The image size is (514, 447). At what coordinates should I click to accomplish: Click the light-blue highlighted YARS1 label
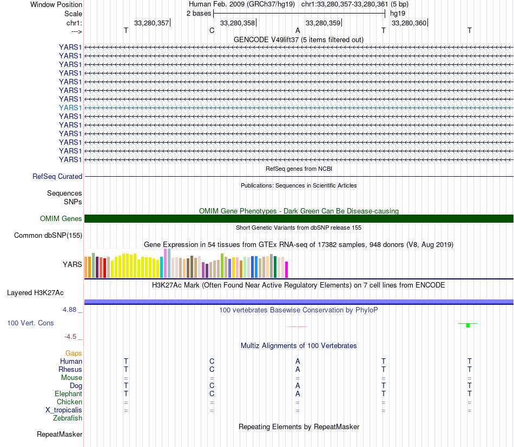[x=70, y=108]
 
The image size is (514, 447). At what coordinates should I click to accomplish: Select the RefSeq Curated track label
[x=57, y=176]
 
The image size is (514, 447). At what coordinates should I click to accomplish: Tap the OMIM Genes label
[x=61, y=218]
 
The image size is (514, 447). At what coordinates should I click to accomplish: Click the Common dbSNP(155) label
[x=48, y=235]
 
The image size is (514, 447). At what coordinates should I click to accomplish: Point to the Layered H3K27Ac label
[x=35, y=293]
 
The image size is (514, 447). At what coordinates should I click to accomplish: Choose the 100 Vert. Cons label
[x=30, y=323]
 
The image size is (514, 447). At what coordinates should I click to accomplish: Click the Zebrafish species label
[x=68, y=418]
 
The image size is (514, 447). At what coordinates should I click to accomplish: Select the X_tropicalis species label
[x=64, y=410]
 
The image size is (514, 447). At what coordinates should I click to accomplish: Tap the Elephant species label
[x=68, y=393]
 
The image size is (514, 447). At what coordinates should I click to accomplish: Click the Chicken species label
[x=69, y=402]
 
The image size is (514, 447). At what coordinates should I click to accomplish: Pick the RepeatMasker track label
[x=60, y=434]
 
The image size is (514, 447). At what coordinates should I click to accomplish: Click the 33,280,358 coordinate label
[x=238, y=23]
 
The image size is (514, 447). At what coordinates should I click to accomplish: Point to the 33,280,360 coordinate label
[x=408, y=23]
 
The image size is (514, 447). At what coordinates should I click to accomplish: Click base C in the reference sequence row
[x=212, y=30]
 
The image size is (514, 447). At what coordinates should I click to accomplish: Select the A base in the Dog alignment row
[x=298, y=385]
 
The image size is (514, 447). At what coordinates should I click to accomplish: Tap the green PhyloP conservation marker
[x=468, y=324]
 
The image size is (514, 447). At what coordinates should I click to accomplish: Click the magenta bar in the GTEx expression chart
[x=287, y=269]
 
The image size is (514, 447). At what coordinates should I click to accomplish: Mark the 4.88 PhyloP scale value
[x=71, y=310]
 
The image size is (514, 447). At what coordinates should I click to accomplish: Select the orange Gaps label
[x=74, y=353]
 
